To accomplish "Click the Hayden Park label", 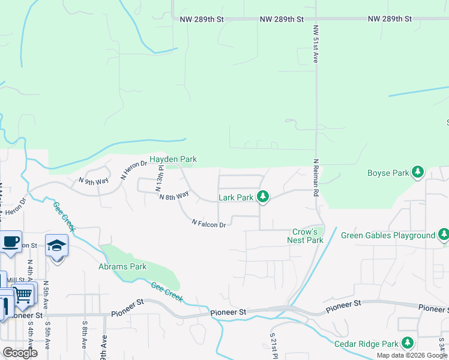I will point(173,160).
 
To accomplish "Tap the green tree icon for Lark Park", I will point(262,196).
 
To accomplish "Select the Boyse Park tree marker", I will point(418,173).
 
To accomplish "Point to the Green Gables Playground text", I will point(388,235).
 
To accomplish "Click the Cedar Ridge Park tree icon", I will point(408,343).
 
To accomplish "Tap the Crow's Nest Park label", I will point(308,236).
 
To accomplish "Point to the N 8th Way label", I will point(174,195).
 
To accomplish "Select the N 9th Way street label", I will point(94,180).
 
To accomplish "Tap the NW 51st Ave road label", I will point(315,44).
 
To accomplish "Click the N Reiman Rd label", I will point(315,178).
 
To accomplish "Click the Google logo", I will point(20,353).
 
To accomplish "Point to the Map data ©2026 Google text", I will point(412,355).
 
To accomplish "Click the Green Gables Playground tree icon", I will point(444,235).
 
